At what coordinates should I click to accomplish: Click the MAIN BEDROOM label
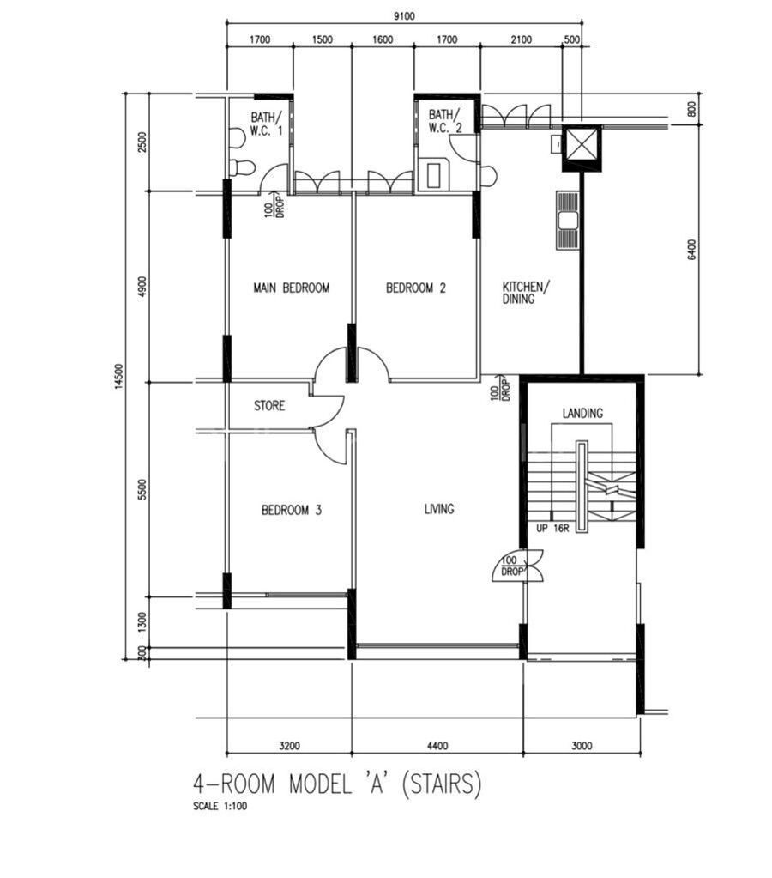click(291, 288)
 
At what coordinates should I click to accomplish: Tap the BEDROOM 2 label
click(416, 288)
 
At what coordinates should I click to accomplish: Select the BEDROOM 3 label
click(292, 510)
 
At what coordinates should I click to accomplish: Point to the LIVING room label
click(439, 509)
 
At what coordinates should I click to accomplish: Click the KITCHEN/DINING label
click(526, 293)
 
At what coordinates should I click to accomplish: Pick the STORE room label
click(269, 405)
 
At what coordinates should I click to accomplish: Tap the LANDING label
click(582, 413)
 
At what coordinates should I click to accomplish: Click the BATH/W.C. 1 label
click(267, 124)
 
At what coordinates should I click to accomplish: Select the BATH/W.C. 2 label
click(446, 121)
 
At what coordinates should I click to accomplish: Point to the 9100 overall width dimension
click(404, 16)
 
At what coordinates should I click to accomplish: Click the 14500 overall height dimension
click(118, 376)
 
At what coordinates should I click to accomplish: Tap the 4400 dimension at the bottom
click(437, 746)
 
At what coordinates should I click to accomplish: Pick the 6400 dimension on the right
click(692, 250)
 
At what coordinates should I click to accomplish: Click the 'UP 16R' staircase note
click(552, 528)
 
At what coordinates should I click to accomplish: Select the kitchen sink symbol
click(567, 220)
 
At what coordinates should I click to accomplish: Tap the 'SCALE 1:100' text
click(220, 807)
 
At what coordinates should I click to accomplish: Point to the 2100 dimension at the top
click(522, 39)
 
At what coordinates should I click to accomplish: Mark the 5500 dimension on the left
click(143, 489)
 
